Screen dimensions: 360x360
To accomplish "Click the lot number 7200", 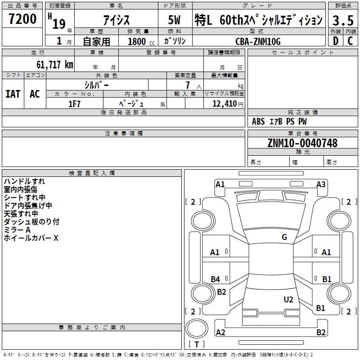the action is pos(22,19).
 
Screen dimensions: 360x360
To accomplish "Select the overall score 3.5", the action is pos(342,20).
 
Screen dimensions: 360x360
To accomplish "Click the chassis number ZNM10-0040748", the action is pos(302,144).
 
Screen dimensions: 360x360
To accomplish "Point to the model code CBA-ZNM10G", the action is pos(258,41).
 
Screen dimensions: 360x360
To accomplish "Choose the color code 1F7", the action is pos(74,104).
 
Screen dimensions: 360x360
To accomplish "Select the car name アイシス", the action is pos(116,20).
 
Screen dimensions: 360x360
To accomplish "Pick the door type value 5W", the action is pos(175,20).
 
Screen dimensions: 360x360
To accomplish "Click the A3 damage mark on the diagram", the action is pos(321,184).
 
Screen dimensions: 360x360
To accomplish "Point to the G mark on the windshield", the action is pos(284,237).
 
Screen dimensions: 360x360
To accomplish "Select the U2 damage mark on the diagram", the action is pos(288,300).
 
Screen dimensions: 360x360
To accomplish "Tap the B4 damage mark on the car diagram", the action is pos(216,279).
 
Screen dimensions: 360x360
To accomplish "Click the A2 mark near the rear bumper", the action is pos(220,333).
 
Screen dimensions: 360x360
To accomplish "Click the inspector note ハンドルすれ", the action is pos(25,181).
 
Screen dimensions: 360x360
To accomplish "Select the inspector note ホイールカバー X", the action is pos(31,238).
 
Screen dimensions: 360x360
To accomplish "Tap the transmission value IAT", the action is pos(13,94).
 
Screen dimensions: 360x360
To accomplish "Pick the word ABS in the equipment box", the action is pos(258,121).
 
